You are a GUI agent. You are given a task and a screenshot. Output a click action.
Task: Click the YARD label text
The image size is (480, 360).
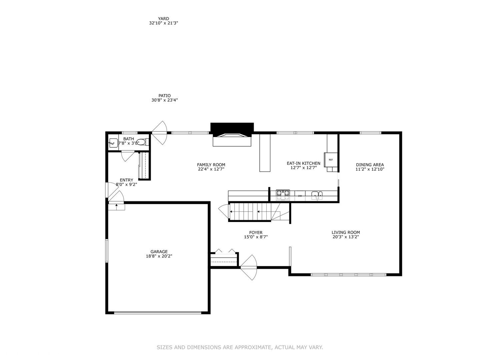(163, 19)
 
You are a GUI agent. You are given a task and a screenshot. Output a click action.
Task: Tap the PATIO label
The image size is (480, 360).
(164, 96)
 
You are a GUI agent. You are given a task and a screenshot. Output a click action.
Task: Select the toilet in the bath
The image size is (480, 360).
(142, 142)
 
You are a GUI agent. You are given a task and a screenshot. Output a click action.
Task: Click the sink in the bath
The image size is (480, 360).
(113, 143)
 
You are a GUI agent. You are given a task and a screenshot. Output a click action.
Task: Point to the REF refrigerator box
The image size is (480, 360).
(331, 160)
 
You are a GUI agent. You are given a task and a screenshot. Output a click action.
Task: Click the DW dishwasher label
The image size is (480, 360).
(300, 196)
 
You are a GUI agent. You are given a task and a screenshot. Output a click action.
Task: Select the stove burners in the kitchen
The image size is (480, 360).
(283, 195)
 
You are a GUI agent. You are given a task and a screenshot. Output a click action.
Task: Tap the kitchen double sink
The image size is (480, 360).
(317, 195)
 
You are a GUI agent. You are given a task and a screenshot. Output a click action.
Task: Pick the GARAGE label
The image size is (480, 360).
(159, 252)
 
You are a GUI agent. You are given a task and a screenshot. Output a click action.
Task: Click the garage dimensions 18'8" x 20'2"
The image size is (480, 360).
(159, 256)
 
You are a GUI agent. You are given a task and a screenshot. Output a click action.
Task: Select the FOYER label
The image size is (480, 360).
(256, 233)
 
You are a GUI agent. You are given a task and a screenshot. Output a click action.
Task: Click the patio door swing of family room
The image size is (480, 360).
(160, 133)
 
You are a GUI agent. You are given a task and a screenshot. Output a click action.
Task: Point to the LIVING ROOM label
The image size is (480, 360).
(346, 232)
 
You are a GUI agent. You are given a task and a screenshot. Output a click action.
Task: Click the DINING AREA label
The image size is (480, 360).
(370, 165)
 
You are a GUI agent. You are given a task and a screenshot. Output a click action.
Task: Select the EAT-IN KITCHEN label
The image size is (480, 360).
(303, 163)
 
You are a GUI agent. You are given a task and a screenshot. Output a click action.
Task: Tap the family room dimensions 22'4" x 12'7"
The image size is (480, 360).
(211, 169)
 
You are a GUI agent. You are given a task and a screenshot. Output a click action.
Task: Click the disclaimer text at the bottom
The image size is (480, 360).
(240, 347)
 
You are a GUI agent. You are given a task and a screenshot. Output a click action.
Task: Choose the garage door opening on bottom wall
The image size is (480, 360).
(158, 313)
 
